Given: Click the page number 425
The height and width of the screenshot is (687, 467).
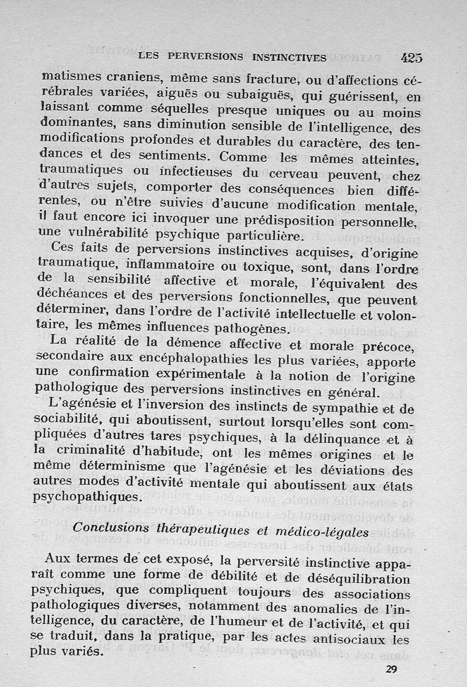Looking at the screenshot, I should pos(412,58).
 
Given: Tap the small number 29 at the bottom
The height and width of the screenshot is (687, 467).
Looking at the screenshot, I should pos(391,669).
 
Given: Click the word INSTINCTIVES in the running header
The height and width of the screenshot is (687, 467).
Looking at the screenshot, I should pos(289,58).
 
